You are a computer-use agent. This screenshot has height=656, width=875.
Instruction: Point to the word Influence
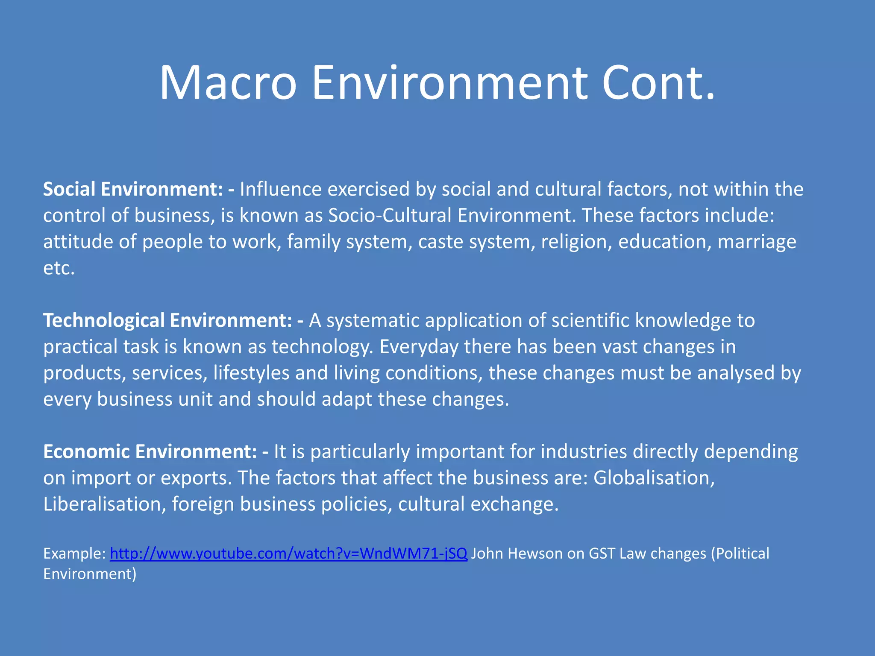pyautogui.click(x=280, y=189)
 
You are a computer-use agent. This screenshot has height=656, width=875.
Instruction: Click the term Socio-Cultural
pyautogui.click(x=390, y=215)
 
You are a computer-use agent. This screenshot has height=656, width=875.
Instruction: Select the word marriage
pyautogui.click(x=757, y=242)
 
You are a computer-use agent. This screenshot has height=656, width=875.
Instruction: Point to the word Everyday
pyautogui.click(x=419, y=346)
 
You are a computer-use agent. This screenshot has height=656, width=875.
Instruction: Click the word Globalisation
pyautogui.click(x=654, y=477)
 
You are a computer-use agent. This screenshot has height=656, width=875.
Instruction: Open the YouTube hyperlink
pyautogui.click(x=288, y=553)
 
